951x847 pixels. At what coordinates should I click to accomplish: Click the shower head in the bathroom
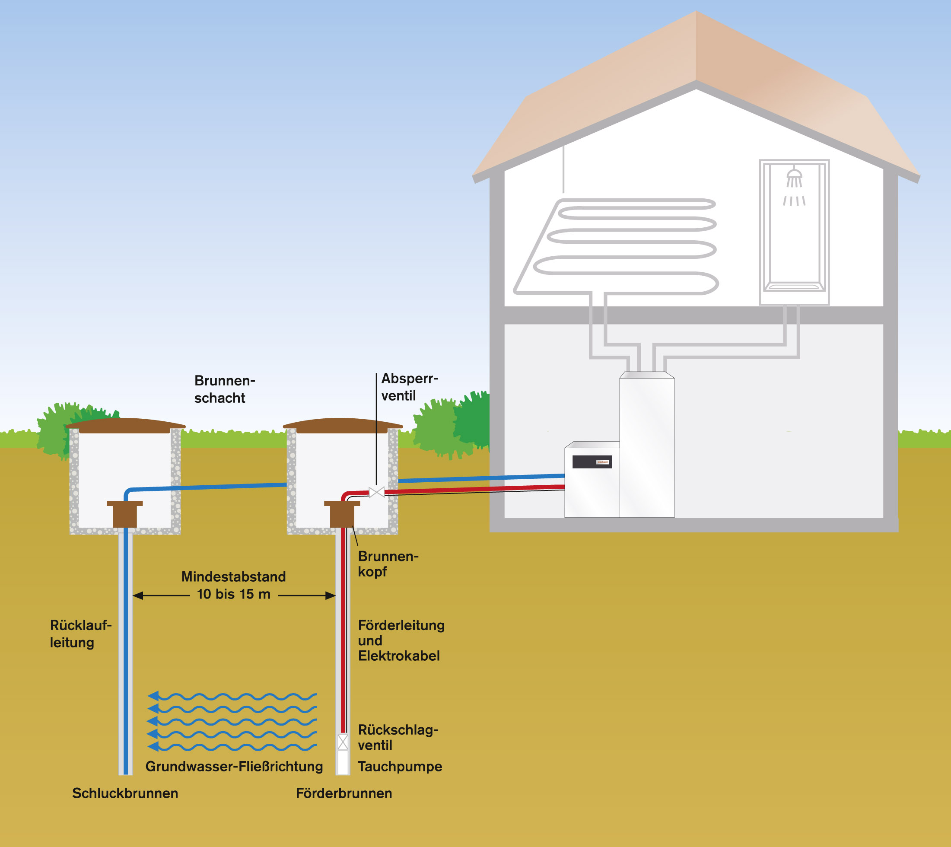point(794,176)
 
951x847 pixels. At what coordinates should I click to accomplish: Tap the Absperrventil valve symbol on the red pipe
point(376,492)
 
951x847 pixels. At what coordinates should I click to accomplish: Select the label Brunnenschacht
point(224,389)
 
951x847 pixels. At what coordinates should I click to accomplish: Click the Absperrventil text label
point(410,387)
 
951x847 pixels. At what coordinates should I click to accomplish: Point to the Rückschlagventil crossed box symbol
point(343,742)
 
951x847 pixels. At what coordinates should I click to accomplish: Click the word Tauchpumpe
point(400,767)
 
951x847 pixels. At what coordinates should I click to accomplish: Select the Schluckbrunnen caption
point(125,793)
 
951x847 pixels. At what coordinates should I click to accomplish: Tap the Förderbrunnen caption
point(344,793)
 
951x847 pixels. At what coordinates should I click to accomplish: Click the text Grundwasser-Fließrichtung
point(234,767)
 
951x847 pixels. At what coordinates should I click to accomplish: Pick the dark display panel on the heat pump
point(592,462)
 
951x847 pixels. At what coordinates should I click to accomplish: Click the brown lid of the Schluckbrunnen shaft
point(125,425)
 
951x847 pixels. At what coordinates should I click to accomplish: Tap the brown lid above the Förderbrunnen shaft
point(343,425)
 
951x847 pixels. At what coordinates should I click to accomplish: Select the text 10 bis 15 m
point(234,594)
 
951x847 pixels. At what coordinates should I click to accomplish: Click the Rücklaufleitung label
point(80,634)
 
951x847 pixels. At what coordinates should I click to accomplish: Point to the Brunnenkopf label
point(388,564)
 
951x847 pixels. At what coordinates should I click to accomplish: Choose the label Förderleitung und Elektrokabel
point(401,640)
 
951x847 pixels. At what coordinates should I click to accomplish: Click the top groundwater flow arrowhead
point(153,696)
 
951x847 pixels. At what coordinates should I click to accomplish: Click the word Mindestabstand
point(234,576)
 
